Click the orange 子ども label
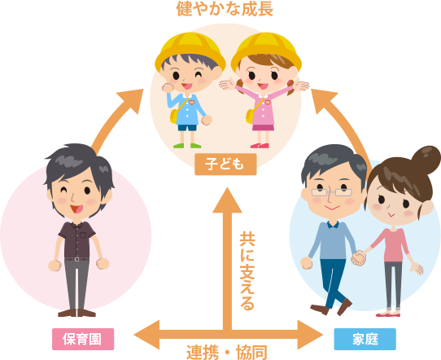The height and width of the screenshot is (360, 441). pyautogui.click(x=225, y=164)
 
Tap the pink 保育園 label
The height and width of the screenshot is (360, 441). pyautogui.click(x=83, y=339)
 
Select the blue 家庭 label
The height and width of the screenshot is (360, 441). pyautogui.click(x=365, y=339)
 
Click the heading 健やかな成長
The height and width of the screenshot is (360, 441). pyautogui.click(x=225, y=8)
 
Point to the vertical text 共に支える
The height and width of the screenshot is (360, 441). pyautogui.click(x=247, y=271)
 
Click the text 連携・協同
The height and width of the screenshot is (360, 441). pyautogui.click(x=227, y=352)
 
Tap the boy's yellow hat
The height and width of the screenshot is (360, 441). pyautogui.click(x=190, y=49)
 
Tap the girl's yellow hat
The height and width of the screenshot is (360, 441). pyautogui.click(x=266, y=49)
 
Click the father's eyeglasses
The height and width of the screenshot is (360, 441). pyautogui.click(x=332, y=192)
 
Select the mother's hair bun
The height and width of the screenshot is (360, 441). pyautogui.click(x=426, y=159)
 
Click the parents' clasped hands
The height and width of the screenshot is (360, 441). pyautogui.click(x=359, y=258)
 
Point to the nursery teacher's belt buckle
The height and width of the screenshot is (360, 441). pyautogui.click(x=76, y=259)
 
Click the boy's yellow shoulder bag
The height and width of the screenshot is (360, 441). pyautogui.click(x=174, y=116)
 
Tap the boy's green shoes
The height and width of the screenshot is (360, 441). pyautogui.click(x=187, y=146)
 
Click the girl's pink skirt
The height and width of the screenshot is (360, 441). pyautogui.click(x=263, y=128)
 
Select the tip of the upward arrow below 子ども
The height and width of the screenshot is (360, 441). pyautogui.click(x=227, y=188)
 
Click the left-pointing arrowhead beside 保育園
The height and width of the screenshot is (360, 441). pyautogui.click(x=146, y=335)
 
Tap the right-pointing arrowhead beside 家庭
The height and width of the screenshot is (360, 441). pyautogui.click(x=310, y=335)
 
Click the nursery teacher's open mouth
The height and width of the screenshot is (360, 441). pyautogui.click(x=76, y=209)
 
